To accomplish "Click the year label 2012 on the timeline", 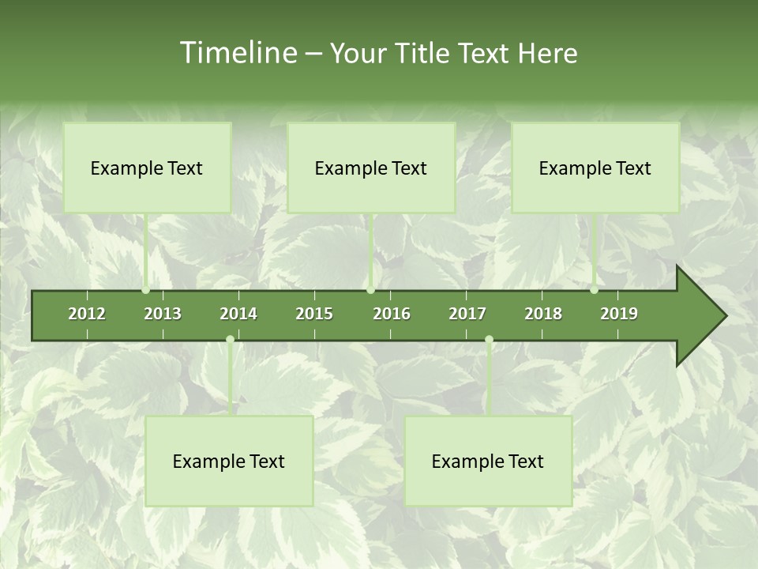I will [x=87, y=314].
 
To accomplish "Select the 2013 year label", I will [x=163, y=314].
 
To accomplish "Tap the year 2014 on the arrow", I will [x=238, y=314].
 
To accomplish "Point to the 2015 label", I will [x=314, y=314].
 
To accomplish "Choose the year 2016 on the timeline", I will [x=392, y=314].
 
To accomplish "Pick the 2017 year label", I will [x=467, y=314].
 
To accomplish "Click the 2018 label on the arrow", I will [x=543, y=314].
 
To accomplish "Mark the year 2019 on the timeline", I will [x=619, y=314].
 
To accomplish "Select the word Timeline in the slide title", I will [x=237, y=53].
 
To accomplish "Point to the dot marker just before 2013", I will [x=145, y=290].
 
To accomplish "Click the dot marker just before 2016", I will [x=370, y=290].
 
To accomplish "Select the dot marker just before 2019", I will [x=594, y=290].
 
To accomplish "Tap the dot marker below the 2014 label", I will [x=230, y=340].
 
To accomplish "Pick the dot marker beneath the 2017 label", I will [x=489, y=340].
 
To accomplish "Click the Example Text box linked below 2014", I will [x=229, y=461].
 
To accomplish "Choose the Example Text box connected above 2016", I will [x=371, y=168].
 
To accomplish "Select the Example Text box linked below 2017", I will [x=488, y=461].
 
